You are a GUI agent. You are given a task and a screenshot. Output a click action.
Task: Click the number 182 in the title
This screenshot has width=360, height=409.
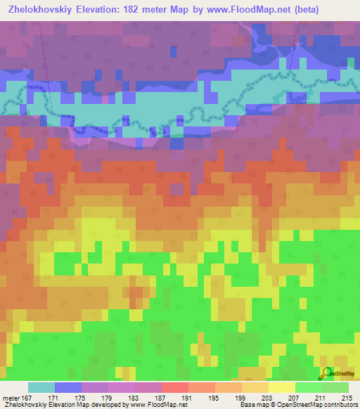coord(148,10)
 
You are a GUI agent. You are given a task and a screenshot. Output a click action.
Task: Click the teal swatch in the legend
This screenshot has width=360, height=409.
coord(41,387)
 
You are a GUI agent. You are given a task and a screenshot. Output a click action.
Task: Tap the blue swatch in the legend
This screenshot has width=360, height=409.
coord(68,387)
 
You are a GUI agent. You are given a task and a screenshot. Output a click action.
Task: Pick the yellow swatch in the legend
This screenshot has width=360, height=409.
coord(281,387)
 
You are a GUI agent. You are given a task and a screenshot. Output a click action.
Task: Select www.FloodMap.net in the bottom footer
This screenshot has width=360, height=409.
coord(158,405)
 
